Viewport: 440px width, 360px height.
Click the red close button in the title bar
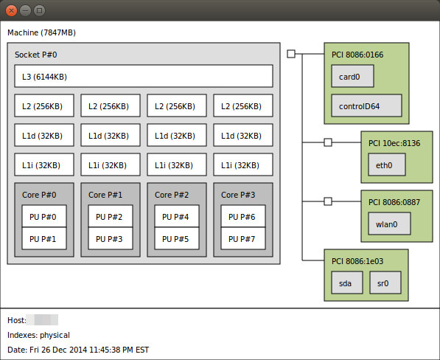pos(11,10)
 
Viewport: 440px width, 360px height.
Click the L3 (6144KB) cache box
pos(144,76)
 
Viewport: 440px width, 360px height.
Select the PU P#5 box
pos(177,238)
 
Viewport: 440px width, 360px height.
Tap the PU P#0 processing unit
pos(44,216)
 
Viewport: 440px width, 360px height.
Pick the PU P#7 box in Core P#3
pos(243,238)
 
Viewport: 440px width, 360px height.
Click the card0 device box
pos(352,76)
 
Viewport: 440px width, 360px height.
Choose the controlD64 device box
pos(366,105)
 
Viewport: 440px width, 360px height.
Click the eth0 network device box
pos(387,165)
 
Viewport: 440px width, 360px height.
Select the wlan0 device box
pos(389,224)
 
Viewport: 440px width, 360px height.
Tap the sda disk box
pos(347,283)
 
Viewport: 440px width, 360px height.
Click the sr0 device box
pos(385,283)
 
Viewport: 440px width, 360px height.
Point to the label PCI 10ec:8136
pos(394,143)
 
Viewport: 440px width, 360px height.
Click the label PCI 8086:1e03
pos(357,261)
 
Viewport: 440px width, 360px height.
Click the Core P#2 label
pos(172,195)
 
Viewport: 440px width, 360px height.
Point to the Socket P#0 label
pos(36,55)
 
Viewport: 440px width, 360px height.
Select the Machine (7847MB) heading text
pos(41,32)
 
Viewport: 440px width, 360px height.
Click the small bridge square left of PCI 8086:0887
pos(328,201)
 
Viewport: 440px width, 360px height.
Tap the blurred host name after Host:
pos(42,320)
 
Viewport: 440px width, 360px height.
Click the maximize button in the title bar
pos(39,10)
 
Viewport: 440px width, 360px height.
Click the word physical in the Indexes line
pos(55,335)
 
